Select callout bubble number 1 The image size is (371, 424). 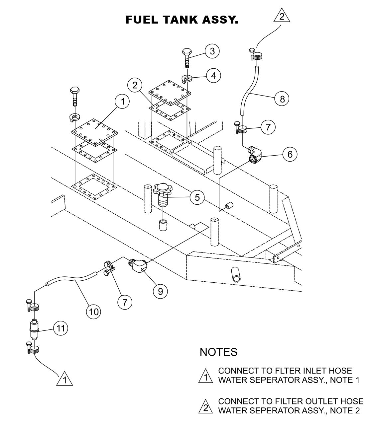coord(123,102)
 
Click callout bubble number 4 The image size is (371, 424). coord(213,75)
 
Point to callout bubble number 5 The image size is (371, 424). coord(197,197)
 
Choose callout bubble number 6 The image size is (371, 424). coord(290,154)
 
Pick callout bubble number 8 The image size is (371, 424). coord(282,99)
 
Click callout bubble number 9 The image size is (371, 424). coord(160,291)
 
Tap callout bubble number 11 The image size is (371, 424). coord(61,328)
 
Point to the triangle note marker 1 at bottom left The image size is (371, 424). coord(65,379)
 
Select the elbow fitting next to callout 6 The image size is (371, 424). coord(255,155)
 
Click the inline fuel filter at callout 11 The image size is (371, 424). coord(34,329)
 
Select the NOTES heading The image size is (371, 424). coord(218,352)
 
